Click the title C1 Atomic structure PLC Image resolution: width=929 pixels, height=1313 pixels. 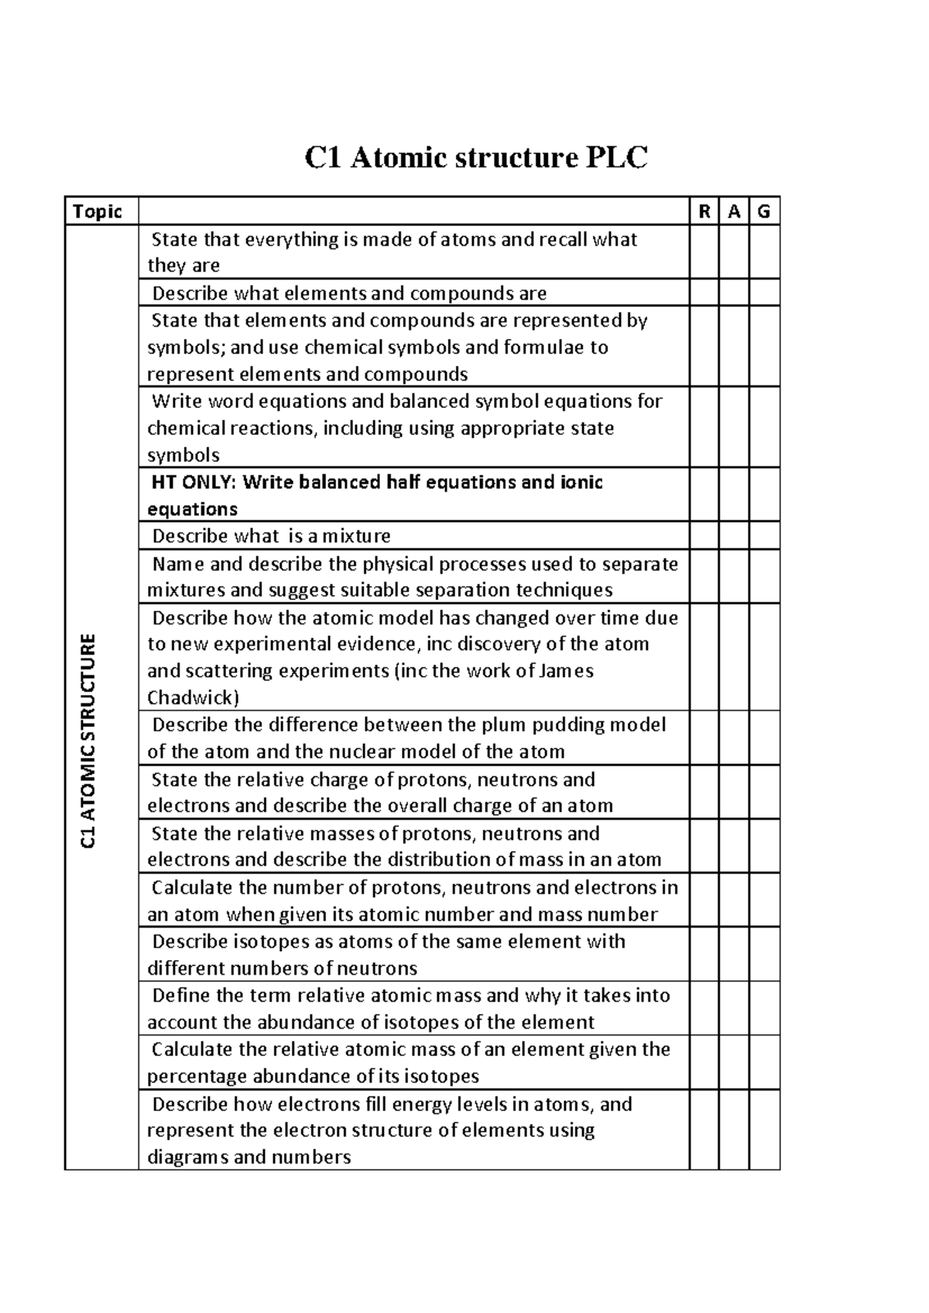475,158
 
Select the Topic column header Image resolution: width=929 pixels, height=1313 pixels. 98,211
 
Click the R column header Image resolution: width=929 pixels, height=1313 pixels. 704,211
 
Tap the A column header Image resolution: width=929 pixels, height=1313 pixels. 734,211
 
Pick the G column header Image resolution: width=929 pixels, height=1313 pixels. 764,211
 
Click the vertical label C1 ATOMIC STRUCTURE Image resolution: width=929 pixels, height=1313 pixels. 89,741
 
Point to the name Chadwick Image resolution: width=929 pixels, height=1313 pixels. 193,698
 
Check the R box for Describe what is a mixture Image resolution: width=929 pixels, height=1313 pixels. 704,536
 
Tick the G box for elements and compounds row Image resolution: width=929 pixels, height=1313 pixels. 764,293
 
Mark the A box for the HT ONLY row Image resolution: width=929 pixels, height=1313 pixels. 734,495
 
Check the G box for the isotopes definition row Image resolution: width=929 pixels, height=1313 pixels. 764,955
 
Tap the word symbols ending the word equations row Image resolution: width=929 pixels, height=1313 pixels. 183,455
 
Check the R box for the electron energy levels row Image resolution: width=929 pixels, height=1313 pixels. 704,1130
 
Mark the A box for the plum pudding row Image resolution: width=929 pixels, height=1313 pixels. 734,738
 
